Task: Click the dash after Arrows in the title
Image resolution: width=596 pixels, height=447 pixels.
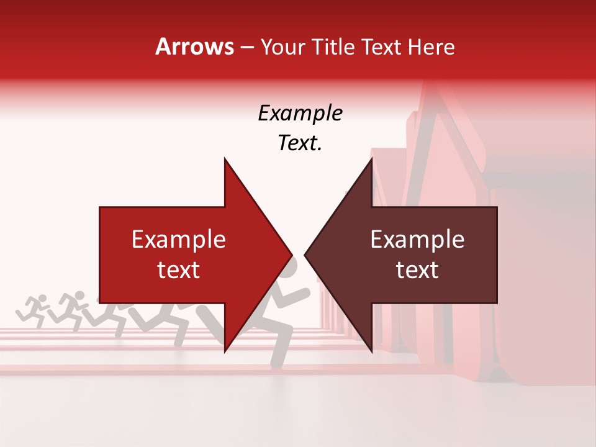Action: (x=247, y=48)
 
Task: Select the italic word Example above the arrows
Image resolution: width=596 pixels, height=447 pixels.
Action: (x=300, y=114)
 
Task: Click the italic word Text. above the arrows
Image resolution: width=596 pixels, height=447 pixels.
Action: (x=300, y=143)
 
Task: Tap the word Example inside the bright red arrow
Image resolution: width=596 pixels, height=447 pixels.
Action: (x=179, y=240)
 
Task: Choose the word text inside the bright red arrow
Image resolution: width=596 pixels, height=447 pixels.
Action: (x=179, y=270)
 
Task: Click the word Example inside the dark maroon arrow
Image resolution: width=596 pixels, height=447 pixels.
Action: (x=417, y=240)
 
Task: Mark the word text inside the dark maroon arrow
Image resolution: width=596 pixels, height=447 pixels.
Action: (x=417, y=270)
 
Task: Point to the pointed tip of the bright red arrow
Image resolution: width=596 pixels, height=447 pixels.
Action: (x=292, y=255)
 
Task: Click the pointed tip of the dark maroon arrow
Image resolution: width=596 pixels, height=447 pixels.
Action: (x=305, y=255)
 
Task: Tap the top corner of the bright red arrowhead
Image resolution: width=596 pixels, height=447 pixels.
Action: (x=225, y=158)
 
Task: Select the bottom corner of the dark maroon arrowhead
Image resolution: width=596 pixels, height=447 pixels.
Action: (x=372, y=351)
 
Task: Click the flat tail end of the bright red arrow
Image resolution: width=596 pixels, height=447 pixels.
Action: (x=101, y=255)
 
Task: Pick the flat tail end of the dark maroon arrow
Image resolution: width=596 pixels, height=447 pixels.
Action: (x=497, y=255)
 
